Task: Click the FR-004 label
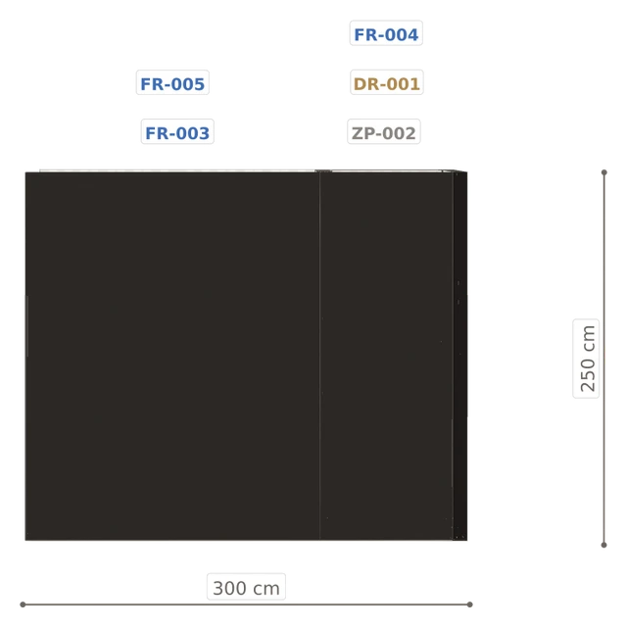coord(386,33)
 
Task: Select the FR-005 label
coord(172,82)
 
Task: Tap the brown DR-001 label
coord(387,82)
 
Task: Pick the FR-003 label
coord(177,131)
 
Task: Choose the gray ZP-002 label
coord(384,131)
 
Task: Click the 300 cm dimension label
coord(246,587)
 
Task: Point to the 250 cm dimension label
coord(586,359)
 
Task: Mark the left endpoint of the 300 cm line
coord(23,604)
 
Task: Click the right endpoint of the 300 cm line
coord(470,604)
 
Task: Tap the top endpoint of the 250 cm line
coord(604,172)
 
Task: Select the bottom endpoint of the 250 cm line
coord(604,545)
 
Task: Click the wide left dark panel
coord(172,357)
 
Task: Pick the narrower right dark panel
coord(386,357)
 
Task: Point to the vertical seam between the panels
coord(320,357)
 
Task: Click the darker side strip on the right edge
coord(460,356)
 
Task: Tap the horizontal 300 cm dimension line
coord(246,604)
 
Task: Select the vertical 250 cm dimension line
coord(604,359)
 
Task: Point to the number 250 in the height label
coord(588,374)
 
